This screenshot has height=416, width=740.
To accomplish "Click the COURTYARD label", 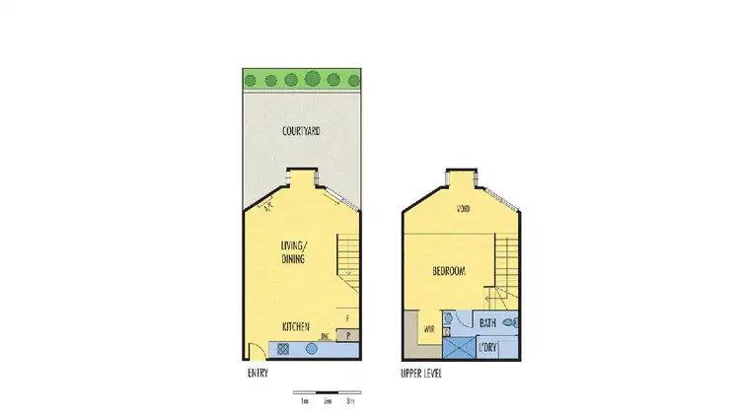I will [x=301, y=131].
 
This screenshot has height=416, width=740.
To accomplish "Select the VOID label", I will [x=463, y=209].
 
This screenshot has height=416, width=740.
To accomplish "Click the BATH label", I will [x=487, y=322].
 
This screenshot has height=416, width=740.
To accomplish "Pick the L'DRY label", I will [x=487, y=347].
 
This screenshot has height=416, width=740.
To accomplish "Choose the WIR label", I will [x=430, y=329].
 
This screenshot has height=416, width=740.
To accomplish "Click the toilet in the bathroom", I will [x=510, y=322].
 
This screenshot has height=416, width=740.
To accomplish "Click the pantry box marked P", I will [x=349, y=335].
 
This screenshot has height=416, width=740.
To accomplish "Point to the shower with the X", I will [x=458, y=347].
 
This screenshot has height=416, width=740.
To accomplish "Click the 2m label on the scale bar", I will [x=327, y=401].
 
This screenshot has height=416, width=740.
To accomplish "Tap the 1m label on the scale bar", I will [x=304, y=401].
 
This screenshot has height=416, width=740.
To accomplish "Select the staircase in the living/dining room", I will [x=349, y=256].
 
